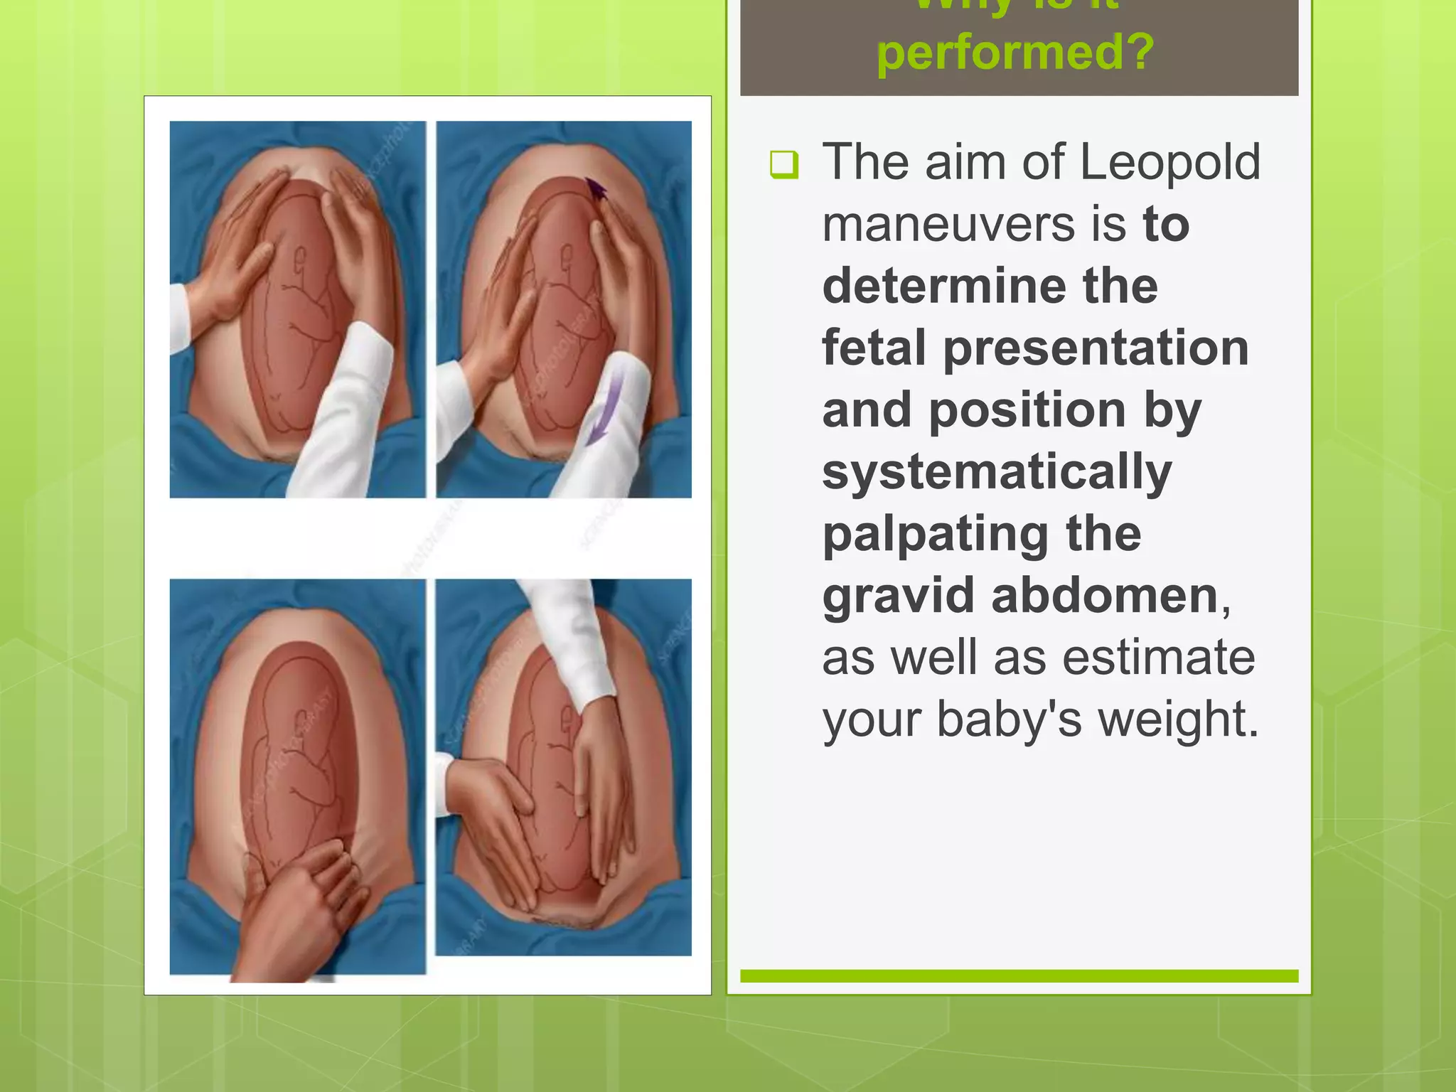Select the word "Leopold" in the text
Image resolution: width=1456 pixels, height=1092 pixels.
(1169, 162)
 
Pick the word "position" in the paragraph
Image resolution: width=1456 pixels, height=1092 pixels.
(1027, 410)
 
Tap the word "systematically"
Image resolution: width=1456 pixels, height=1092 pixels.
(997, 473)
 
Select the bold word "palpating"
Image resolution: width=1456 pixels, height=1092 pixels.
(934, 535)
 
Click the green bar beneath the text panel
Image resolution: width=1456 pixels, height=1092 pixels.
(1019, 976)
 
